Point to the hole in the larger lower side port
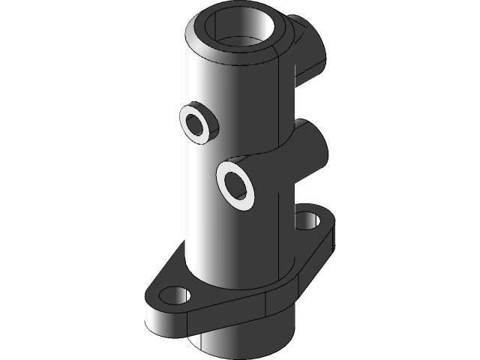click(x=235, y=184)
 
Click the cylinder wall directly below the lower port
click(x=240, y=247)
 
